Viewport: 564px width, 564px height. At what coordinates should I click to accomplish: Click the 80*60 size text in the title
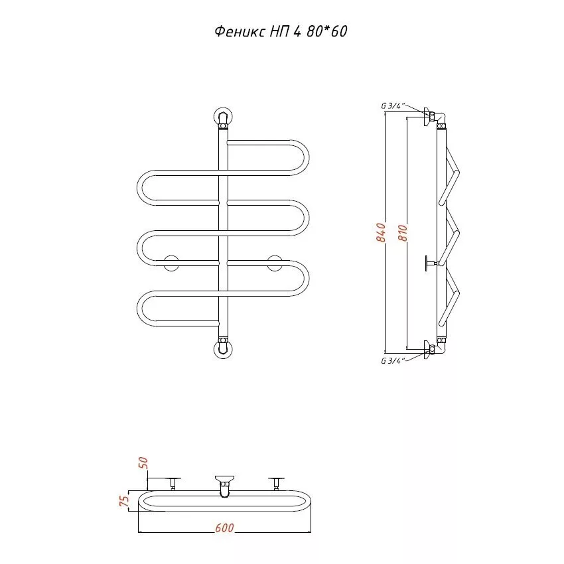[x=327, y=32]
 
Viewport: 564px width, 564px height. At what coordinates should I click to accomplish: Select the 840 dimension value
[x=381, y=232]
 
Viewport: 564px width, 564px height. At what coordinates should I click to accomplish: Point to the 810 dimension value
[x=403, y=233]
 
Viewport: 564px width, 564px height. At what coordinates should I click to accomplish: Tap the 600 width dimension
[x=224, y=528]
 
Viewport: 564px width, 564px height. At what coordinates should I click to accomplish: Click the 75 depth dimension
[x=123, y=500]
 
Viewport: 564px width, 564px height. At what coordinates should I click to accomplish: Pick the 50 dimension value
[x=143, y=462]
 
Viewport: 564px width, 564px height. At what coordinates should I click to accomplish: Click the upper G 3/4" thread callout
[x=393, y=106]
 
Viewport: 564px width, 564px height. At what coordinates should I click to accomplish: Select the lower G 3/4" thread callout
[x=393, y=360]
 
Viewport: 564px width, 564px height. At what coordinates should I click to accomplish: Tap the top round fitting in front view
[x=223, y=117]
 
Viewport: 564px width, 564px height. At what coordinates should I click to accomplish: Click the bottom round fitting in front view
[x=223, y=349]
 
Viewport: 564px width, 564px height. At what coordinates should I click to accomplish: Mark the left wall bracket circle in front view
[x=171, y=263]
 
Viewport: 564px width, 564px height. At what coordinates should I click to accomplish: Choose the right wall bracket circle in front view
[x=275, y=263]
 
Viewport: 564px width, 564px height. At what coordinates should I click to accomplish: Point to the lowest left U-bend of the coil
[x=140, y=309]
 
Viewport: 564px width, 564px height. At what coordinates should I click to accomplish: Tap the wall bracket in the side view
[x=430, y=263]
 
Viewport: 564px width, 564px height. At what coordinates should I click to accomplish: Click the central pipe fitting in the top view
[x=224, y=486]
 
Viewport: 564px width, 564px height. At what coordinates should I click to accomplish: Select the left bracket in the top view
[x=173, y=484]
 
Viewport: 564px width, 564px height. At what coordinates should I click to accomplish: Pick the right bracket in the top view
[x=276, y=484]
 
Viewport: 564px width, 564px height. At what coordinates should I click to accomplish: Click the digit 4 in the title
[x=297, y=32]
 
